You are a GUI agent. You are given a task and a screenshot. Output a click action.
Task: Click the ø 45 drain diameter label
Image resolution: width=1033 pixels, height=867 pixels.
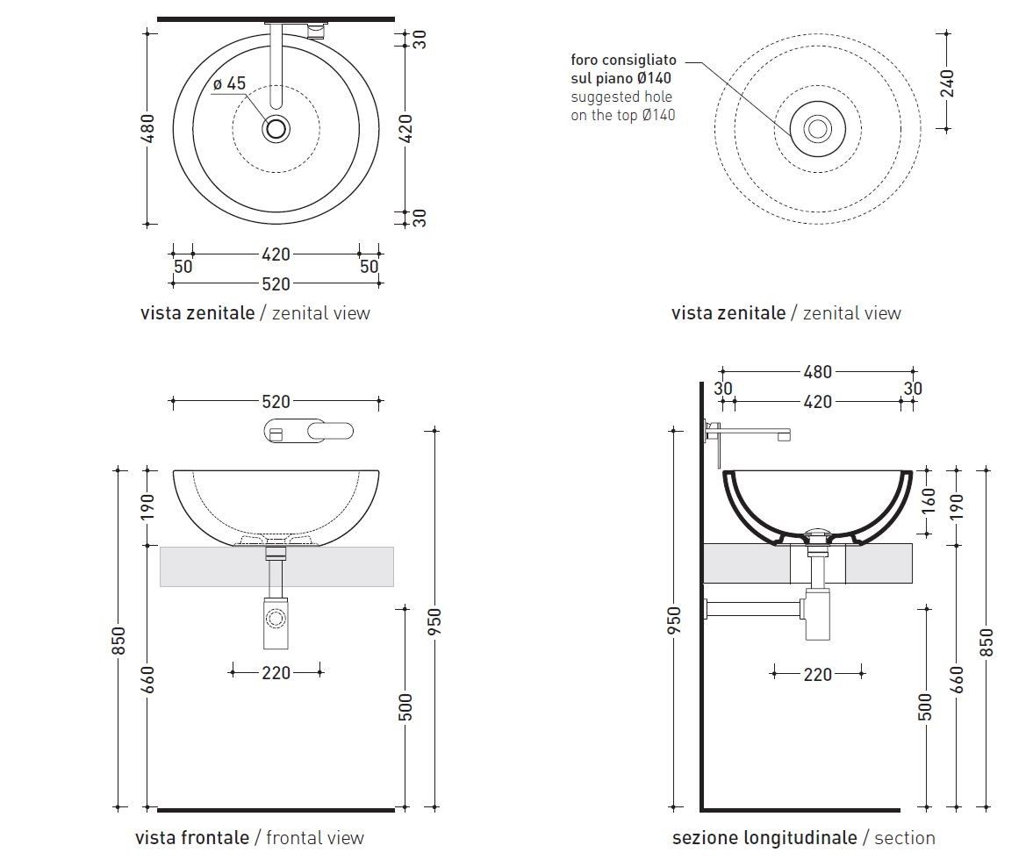(x=229, y=84)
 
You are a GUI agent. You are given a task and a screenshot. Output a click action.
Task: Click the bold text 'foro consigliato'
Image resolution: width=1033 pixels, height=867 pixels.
(x=623, y=61)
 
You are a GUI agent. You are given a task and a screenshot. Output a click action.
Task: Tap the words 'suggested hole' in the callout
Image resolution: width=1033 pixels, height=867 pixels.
(x=621, y=97)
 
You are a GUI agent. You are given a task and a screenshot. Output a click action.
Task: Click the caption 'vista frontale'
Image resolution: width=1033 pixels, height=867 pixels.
(x=191, y=837)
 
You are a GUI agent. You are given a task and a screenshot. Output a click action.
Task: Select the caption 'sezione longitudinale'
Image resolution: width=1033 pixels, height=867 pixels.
(x=764, y=837)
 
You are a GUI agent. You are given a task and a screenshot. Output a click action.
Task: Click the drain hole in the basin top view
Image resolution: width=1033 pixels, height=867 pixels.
(x=276, y=129)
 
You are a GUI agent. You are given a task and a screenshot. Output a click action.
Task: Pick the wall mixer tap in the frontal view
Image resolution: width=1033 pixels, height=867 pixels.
(x=307, y=431)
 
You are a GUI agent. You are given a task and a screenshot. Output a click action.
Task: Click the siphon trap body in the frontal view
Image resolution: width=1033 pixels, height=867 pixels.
(x=276, y=621)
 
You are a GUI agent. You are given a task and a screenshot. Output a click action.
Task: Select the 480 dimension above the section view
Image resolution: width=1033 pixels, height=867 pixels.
(x=817, y=372)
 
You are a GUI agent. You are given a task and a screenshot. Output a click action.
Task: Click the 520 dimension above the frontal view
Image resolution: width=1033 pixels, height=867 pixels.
(x=276, y=402)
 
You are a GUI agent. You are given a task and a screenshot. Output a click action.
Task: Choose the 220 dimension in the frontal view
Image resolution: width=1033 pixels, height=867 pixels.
(x=276, y=673)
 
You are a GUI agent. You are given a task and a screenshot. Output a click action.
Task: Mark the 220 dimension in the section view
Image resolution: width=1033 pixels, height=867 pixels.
(x=817, y=674)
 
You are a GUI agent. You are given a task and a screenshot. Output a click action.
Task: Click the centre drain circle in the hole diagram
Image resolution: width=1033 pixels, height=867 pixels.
(x=817, y=129)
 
